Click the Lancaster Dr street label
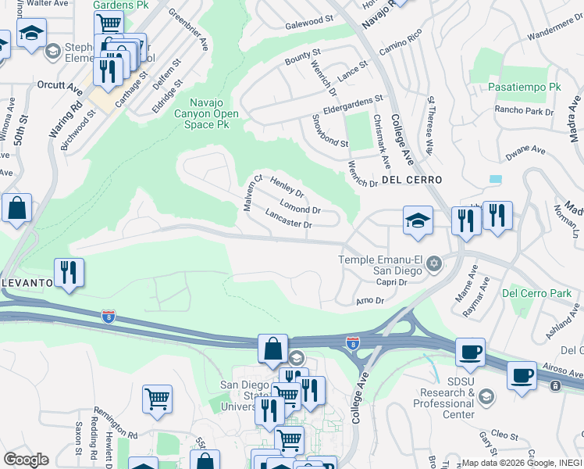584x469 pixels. click(288, 219)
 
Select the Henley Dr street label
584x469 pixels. click(286, 188)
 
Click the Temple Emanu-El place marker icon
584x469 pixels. click(434, 266)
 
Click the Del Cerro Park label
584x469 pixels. click(536, 294)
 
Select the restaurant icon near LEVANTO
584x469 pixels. click(69, 273)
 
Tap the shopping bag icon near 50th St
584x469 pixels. click(16, 209)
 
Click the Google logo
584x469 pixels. click(26, 459)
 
